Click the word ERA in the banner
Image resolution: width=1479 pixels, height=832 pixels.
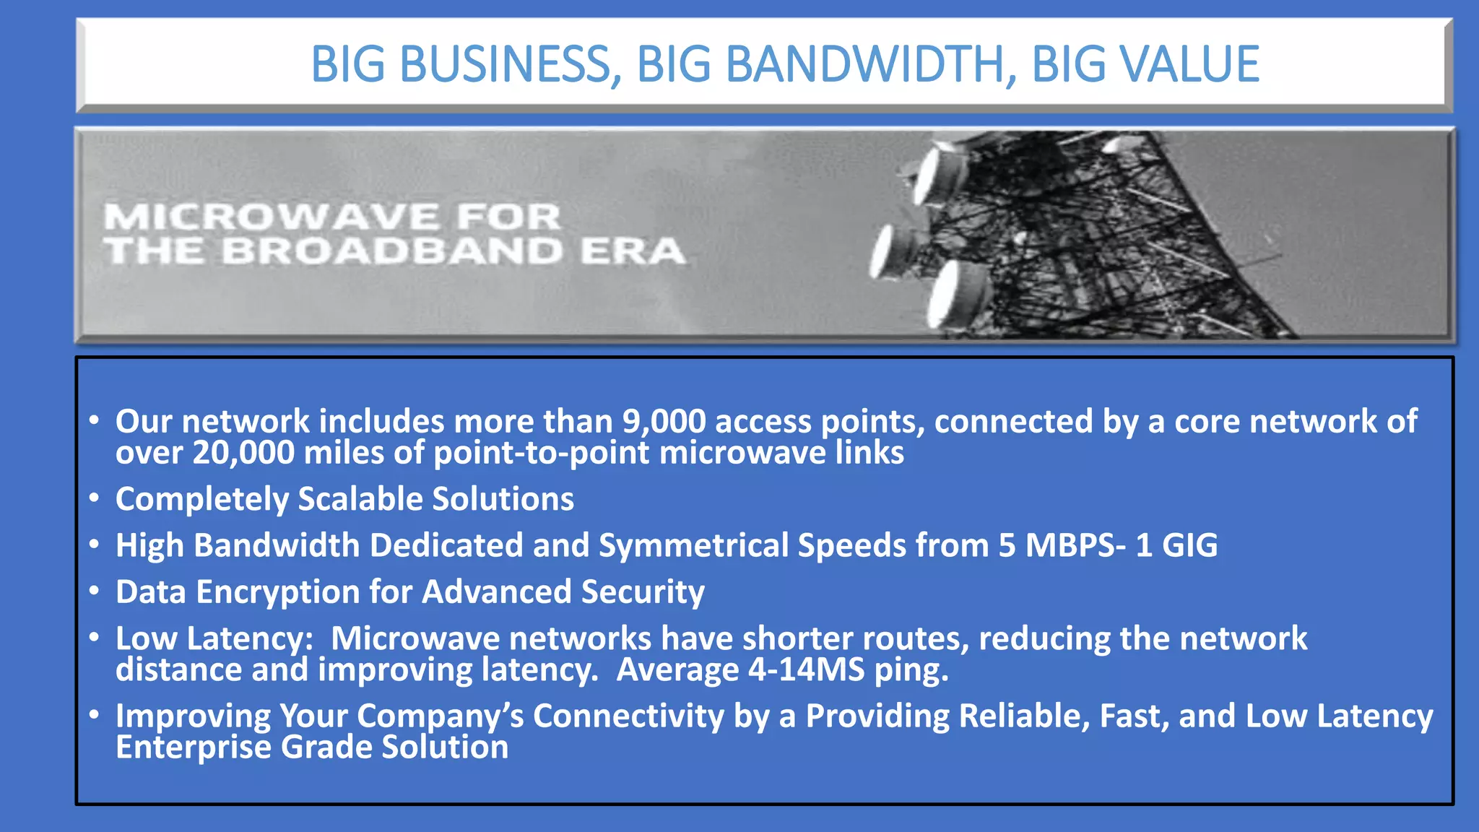633,251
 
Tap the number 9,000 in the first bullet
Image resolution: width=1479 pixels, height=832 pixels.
664,422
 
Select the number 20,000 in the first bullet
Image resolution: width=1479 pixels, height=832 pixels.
243,454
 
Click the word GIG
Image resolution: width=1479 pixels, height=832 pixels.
1189,546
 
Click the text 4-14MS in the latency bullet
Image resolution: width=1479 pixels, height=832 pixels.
806,670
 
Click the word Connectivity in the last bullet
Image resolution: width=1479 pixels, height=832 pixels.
628,716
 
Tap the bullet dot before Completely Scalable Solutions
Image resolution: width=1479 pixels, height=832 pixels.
95,498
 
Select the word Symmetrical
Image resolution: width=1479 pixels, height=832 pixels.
693,546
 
